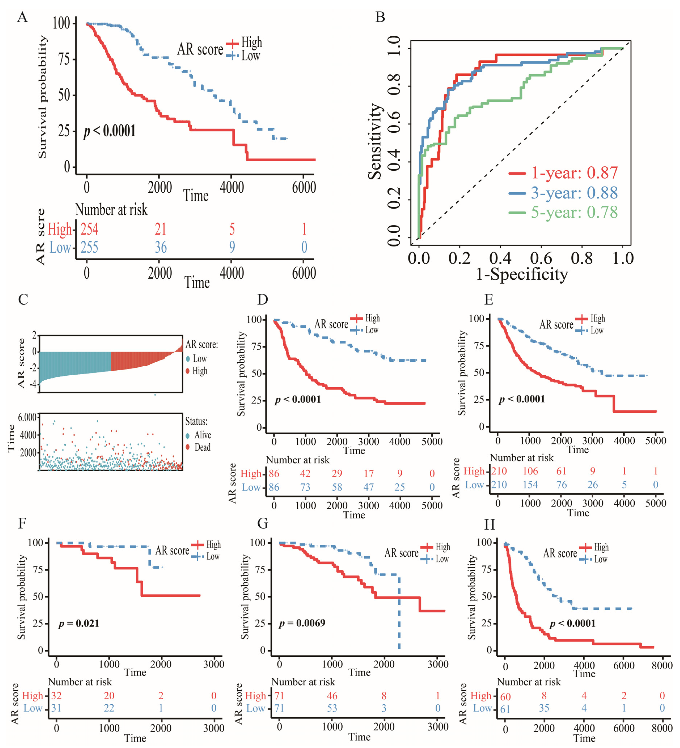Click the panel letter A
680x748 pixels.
[x=22, y=17]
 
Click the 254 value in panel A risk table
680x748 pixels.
[x=89, y=229]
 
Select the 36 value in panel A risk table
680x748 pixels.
[x=161, y=247]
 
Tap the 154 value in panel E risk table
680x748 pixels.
[x=530, y=485]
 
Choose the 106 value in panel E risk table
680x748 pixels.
[x=530, y=471]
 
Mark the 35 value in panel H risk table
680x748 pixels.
[x=544, y=708]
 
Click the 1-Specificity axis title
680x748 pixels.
[x=522, y=275]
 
